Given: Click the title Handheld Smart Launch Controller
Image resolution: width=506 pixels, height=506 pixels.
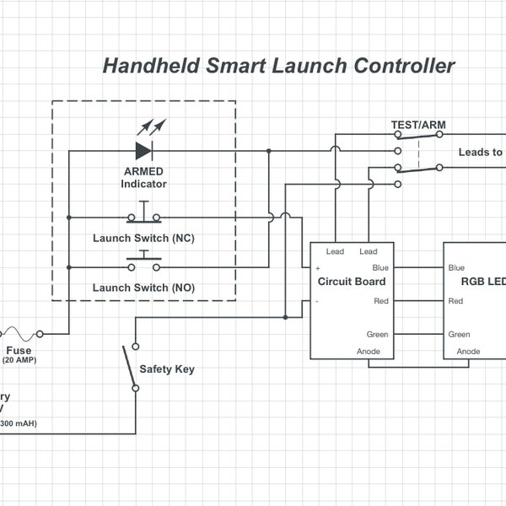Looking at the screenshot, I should pos(279,66).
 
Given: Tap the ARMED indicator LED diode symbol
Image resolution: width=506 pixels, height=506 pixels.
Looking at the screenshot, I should pos(144,152).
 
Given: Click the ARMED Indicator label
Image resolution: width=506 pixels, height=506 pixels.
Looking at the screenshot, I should pos(143,177).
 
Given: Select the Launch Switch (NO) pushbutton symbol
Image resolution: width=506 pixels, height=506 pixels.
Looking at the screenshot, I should pos(143,264).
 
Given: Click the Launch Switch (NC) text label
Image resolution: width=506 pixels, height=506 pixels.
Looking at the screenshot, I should pos(143,239).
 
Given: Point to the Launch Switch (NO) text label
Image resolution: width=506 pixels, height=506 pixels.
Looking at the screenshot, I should pos(143,288).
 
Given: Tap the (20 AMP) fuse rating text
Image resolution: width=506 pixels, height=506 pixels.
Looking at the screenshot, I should pos(19,360).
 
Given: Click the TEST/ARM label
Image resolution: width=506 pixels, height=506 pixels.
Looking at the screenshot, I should pos(418,126).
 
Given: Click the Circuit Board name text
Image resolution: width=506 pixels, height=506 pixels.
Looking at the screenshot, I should pos(352,282).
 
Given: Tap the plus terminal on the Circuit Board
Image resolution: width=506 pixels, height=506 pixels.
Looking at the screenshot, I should pos(318,267).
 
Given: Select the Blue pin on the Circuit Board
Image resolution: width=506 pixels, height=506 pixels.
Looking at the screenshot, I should pos(380,267).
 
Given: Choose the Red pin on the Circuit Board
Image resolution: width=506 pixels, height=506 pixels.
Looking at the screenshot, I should pos(380,300).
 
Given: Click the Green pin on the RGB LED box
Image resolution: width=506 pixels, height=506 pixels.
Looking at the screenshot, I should pos(460,334).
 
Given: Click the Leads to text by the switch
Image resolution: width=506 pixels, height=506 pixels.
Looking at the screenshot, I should pos(480,153).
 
